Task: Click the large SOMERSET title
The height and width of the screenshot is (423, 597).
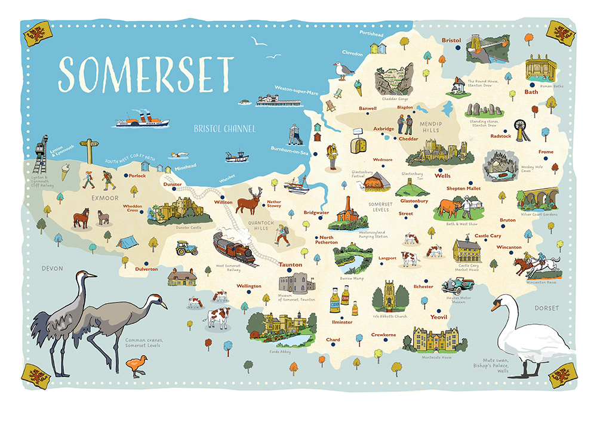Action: [146, 73]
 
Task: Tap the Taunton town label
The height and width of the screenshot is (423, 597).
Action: [291, 264]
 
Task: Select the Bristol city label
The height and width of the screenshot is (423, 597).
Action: [451, 40]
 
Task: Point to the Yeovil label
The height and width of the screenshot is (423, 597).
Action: [438, 317]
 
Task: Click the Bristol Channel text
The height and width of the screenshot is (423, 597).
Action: [224, 128]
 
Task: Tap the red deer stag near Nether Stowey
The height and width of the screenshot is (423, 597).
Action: [248, 200]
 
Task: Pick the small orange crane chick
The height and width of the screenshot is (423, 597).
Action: [136, 363]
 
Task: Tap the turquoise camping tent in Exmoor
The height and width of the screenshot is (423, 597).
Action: [126, 242]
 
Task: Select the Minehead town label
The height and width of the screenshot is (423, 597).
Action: [186, 168]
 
